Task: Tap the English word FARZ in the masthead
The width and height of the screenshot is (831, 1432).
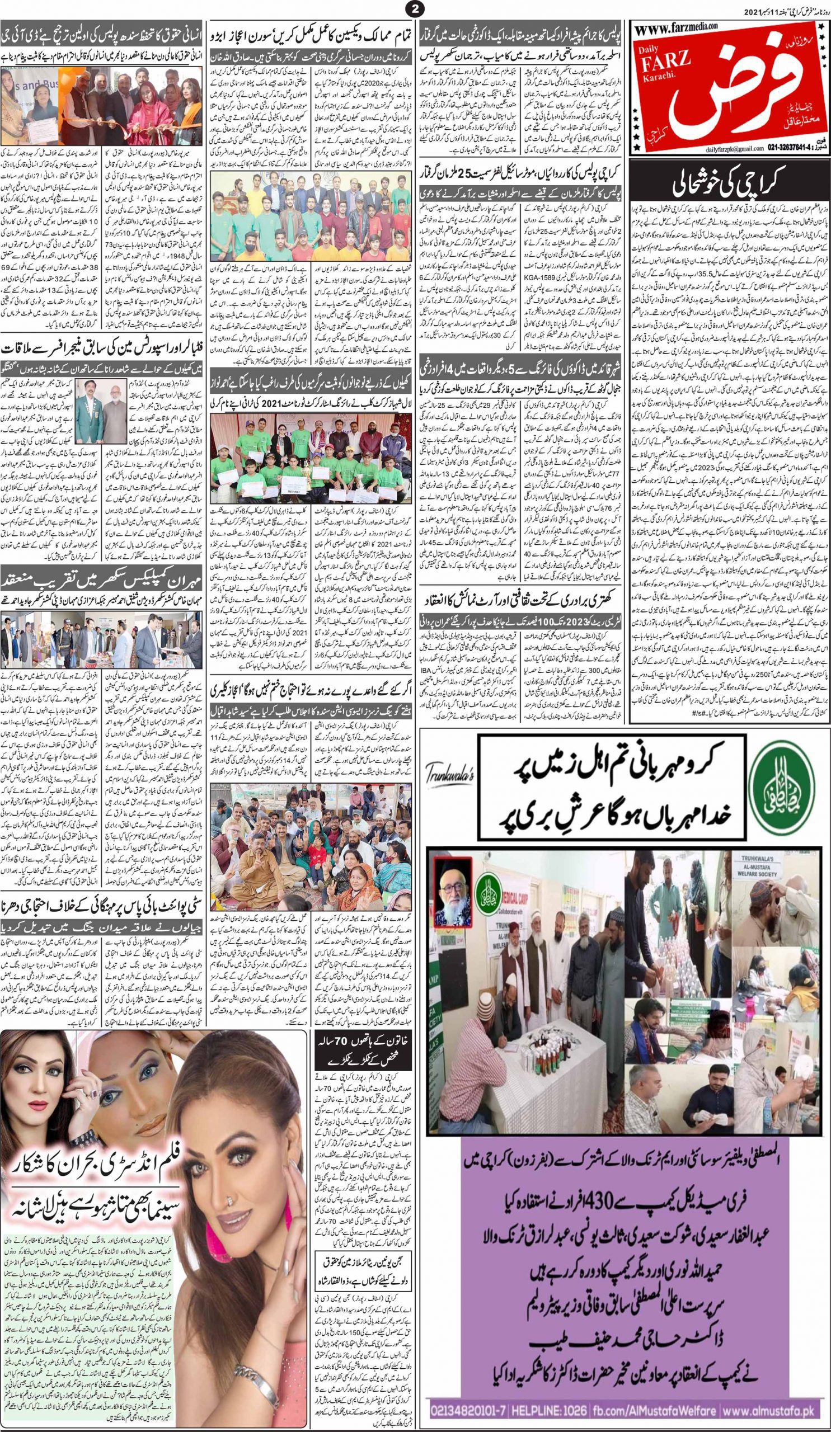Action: pos(662,77)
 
